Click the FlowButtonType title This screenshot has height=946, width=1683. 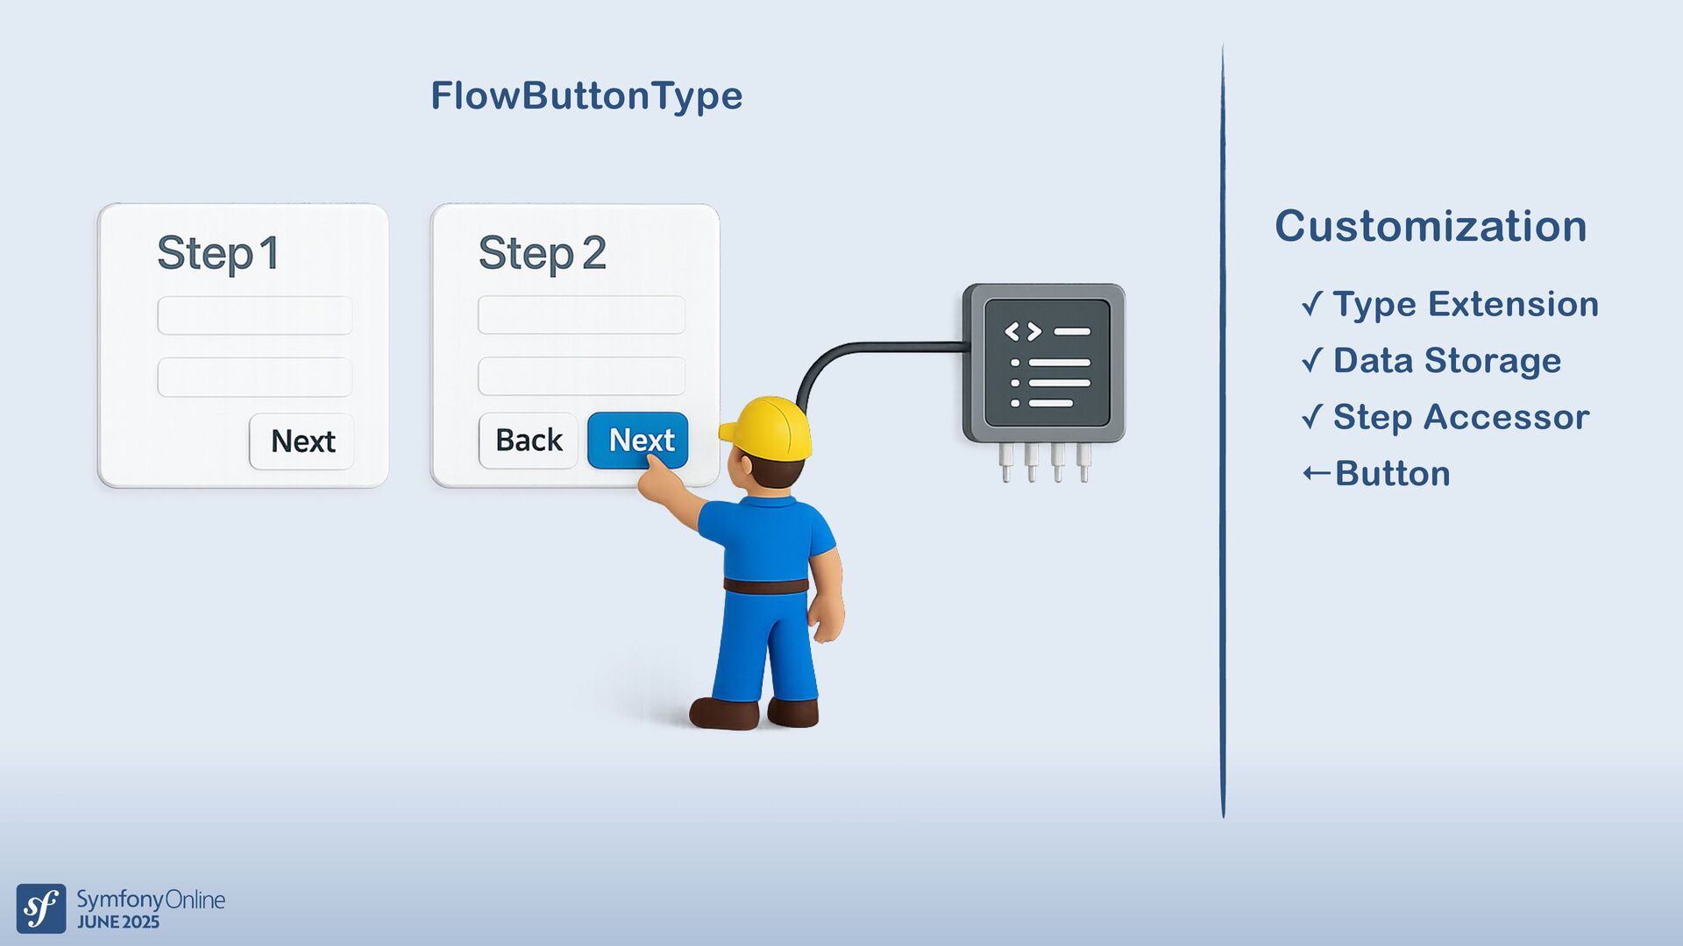(586, 95)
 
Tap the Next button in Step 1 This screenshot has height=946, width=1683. (302, 441)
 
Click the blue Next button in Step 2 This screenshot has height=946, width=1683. (638, 440)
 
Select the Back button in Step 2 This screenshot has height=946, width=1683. (528, 441)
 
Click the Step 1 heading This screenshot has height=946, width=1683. (218, 254)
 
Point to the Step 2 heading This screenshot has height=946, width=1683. (542, 254)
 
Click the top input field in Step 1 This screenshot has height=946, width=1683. (255, 315)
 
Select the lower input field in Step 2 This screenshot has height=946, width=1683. (581, 377)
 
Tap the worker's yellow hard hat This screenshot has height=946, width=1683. (768, 428)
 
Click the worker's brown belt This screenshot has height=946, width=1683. (766, 585)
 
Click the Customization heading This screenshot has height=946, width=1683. (1431, 226)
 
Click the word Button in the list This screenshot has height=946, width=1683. (1393, 474)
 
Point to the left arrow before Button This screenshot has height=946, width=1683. (1317, 474)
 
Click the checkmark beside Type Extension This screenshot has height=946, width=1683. (1312, 304)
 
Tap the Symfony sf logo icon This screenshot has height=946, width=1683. (41, 908)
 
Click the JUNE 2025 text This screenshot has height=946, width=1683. (118, 922)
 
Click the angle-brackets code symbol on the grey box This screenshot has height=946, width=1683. (1023, 332)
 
